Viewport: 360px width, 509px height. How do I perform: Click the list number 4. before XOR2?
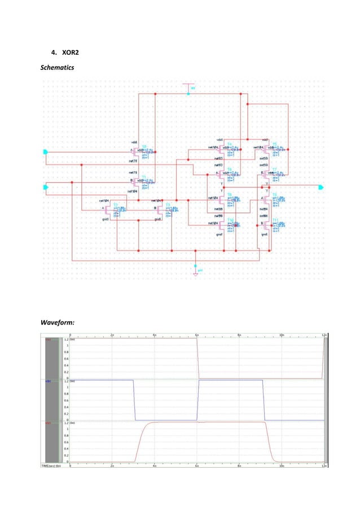54,54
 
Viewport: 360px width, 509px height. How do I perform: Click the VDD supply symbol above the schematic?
190,87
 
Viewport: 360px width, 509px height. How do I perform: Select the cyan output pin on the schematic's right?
321,187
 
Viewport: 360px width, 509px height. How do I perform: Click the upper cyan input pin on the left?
46,151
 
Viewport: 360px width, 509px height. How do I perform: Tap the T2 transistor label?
115,204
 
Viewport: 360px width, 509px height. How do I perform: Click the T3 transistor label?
168,204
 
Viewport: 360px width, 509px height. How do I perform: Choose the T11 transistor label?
275,219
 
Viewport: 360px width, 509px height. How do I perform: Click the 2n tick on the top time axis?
113,335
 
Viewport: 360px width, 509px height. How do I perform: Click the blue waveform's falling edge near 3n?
134,401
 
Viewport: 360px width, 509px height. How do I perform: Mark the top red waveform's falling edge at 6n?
197,358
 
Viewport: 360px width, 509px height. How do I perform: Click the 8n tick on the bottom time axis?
240,467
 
